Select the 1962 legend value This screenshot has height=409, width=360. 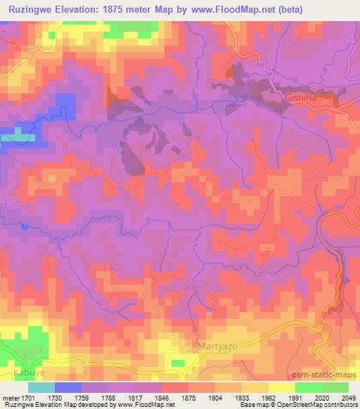pyautogui.click(x=268, y=398)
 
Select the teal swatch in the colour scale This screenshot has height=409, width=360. pyautogui.click(x=41, y=387)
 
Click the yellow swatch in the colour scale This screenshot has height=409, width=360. pyautogui.click(x=281, y=387)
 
